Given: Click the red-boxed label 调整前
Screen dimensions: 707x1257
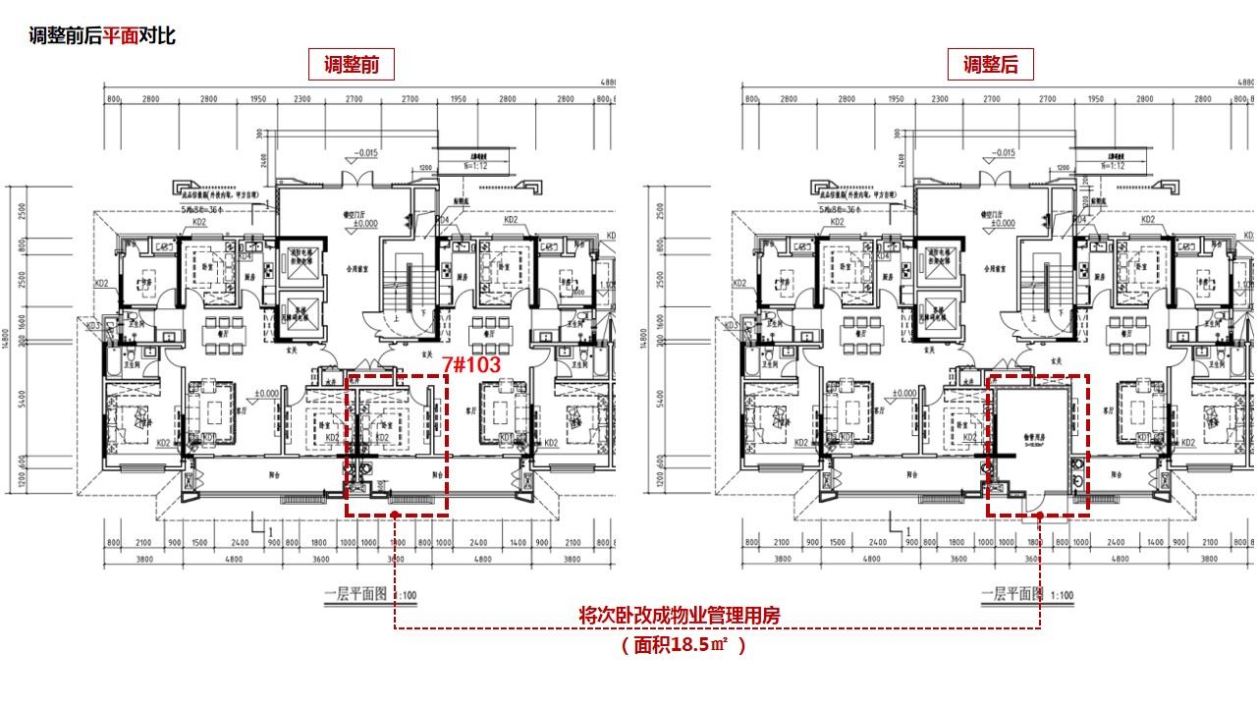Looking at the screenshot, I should click(x=352, y=66).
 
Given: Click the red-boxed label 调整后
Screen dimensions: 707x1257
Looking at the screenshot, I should click(x=990, y=66).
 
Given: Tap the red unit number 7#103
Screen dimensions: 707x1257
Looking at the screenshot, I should click(x=471, y=364).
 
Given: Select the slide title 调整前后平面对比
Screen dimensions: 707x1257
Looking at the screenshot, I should click(x=102, y=36).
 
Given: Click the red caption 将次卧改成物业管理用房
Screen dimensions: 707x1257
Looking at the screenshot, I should click(x=680, y=617).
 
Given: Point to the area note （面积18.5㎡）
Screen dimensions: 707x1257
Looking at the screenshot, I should click(x=683, y=645).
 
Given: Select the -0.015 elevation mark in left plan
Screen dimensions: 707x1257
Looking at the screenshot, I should click(x=366, y=153).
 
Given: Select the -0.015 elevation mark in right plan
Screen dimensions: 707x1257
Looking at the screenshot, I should click(x=1004, y=153).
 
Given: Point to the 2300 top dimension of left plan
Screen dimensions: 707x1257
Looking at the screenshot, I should click(x=302, y=100).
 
